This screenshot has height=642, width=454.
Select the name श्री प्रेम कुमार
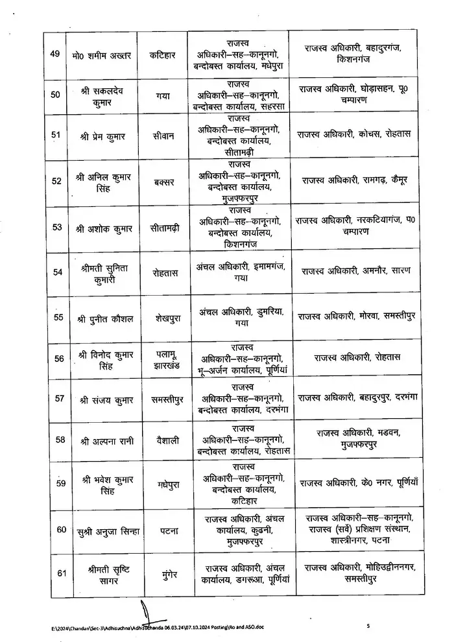coord(106,135)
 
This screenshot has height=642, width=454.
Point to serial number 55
coord(58,318)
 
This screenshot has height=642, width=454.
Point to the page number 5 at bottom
coord(367,626)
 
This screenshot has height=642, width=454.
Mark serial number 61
coord(62,572)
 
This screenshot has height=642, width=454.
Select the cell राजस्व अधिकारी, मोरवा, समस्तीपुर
coord(357,317)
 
